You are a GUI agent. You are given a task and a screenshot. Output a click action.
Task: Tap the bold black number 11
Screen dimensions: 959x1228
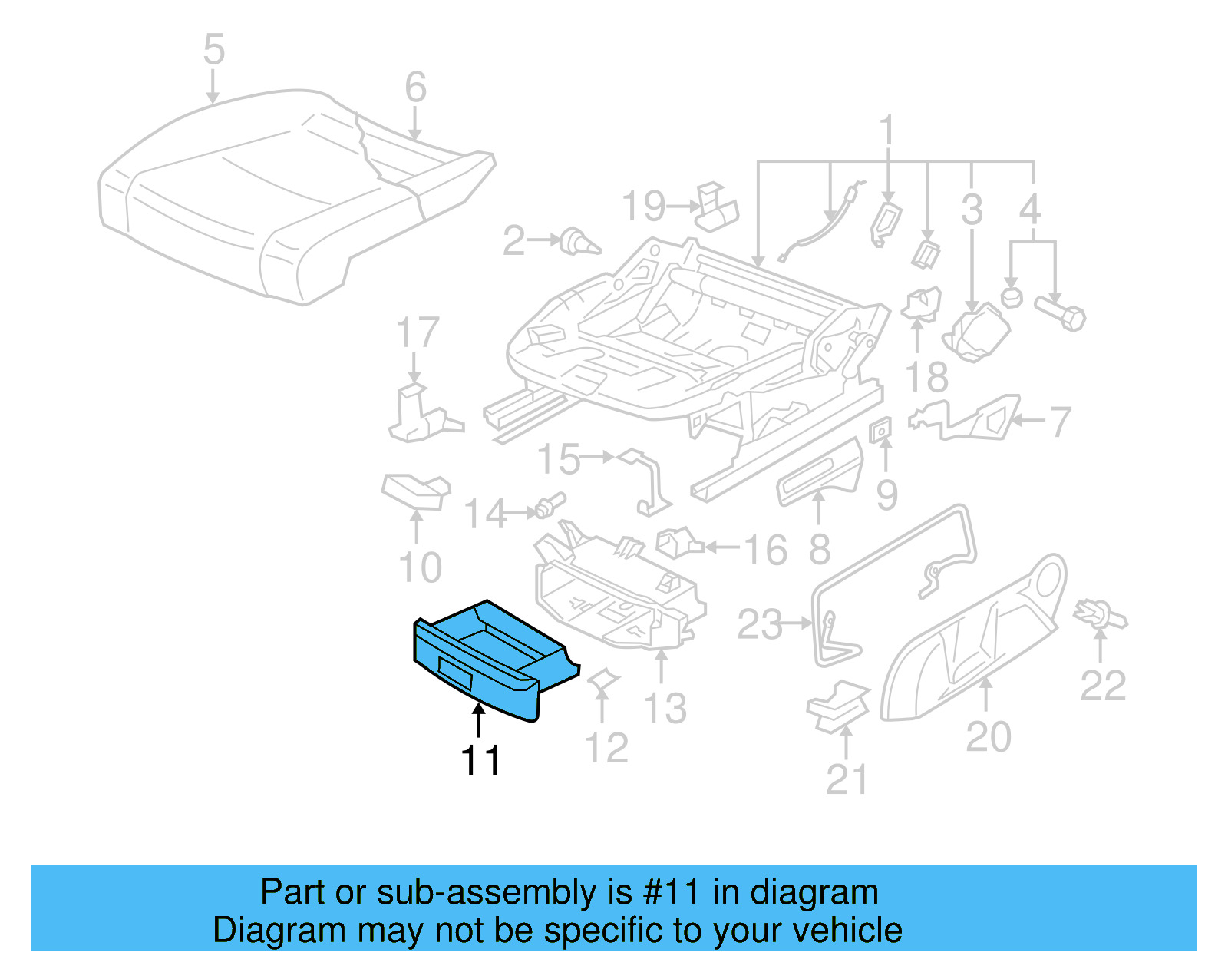[480, 761]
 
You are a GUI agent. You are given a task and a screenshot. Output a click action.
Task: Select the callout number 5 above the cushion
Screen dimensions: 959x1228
[213, 50]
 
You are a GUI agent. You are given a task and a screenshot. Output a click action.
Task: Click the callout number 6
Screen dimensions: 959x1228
[415, 88]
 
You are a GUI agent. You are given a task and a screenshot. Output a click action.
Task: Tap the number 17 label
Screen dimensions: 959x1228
[418, 333]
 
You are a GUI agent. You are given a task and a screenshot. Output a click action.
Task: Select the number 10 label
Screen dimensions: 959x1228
[420, 568]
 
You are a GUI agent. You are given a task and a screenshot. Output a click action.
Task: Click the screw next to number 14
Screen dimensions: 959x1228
[549, 506]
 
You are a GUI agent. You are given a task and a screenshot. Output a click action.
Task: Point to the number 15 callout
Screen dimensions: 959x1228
[558, 459]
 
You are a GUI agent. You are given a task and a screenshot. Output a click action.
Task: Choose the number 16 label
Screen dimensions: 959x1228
[765, 550]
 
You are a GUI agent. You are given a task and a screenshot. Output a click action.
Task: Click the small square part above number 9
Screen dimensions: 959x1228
[880, 430]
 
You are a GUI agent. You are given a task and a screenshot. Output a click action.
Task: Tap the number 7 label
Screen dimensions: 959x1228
[1060, 422]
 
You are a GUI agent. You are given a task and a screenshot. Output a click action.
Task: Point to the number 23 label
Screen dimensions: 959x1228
[759, 624]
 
